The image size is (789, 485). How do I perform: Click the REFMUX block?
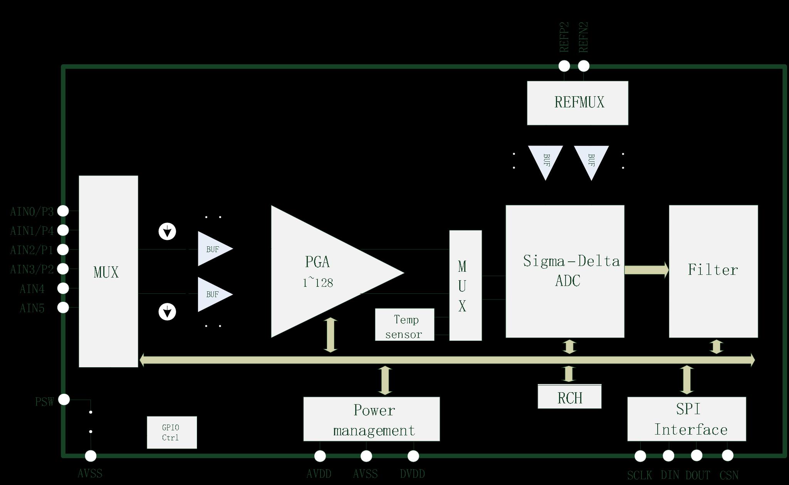coord(577,103)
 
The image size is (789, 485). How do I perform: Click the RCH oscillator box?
coord(569,396)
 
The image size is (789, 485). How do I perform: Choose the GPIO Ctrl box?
coord(172,432)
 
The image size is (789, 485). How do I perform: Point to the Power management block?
coord(371,419)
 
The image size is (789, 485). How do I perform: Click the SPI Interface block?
coord(687,419)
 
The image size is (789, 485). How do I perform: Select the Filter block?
coord(713,271)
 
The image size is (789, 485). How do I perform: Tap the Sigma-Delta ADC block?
coord(565,271)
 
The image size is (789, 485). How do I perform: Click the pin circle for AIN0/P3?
coord(63,211)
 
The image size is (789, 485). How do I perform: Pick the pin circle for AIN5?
coord(63,308)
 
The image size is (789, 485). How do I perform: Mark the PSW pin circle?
coord(64,400)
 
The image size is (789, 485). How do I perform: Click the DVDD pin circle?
coord(413,456)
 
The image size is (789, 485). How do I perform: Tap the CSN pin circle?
coord(727,456)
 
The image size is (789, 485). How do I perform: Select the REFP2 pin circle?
coord(564,66)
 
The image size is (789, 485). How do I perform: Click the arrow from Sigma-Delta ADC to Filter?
coord(646,270)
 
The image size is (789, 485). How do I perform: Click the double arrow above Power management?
coord(385,381)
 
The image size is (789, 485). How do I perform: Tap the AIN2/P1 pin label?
coord(32,250)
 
